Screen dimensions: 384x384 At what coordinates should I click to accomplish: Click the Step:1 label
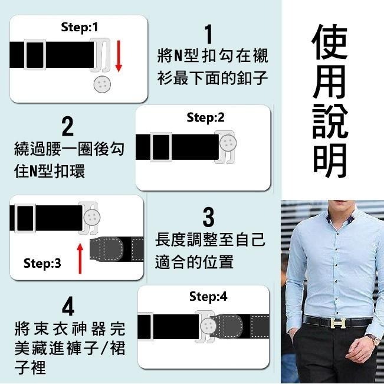point(80,27)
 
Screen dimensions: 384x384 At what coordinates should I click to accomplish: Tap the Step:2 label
point(205,117)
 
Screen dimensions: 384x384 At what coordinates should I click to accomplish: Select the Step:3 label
point(42,264)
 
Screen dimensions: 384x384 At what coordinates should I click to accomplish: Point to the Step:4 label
point(208,297)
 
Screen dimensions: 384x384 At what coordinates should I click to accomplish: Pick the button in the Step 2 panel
point(228,142)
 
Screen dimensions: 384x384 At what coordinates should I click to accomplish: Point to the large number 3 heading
point(208,217)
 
